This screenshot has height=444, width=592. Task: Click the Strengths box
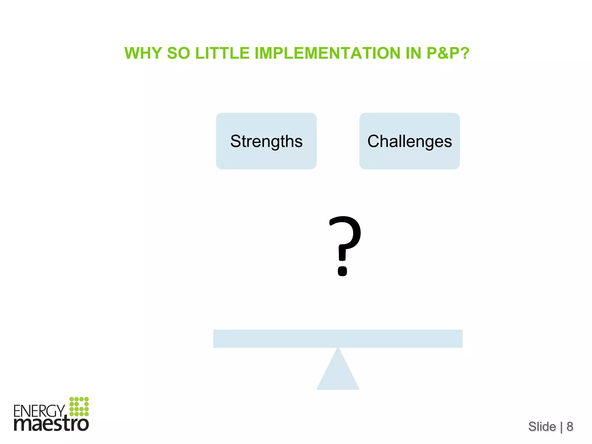[x=266, y=141]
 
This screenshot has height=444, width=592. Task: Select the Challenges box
[x=409, y=141]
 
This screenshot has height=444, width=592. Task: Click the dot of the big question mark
[x=343, y=271]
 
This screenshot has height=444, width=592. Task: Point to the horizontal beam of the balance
[x=338, y=338]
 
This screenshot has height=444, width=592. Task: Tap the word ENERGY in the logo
[x=39, y=411]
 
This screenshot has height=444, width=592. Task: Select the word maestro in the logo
[x=51, y=424]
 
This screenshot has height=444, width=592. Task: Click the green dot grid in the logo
[x=79, y=406]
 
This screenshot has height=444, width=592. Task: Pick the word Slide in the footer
[x=542, y=427]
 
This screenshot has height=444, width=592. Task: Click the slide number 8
[x=570, y=427]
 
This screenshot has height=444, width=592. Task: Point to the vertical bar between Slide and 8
[x=561, y=427]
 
